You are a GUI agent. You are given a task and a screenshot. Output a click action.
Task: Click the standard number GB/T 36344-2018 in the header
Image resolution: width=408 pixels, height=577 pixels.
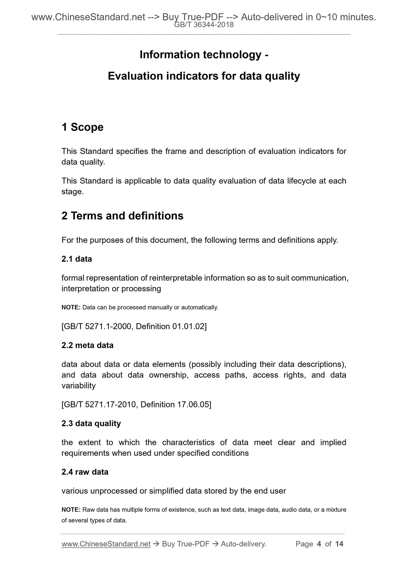[204, 25]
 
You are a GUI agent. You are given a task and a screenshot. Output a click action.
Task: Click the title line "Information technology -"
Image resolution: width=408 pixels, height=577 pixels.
[204, 54]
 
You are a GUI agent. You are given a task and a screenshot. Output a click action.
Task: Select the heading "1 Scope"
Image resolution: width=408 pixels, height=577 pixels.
[82, 127]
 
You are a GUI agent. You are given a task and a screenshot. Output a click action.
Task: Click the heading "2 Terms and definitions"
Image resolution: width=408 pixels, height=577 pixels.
[122, 216]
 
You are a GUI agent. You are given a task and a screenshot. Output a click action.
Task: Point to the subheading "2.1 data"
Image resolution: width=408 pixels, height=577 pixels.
[77, 259]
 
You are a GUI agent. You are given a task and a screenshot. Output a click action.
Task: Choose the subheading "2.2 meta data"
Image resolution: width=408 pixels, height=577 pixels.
[87, 345]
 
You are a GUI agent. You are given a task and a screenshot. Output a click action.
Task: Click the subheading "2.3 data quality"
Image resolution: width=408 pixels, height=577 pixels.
[91, 423]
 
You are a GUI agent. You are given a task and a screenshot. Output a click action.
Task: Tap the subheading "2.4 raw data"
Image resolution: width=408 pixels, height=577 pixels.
[85, 472]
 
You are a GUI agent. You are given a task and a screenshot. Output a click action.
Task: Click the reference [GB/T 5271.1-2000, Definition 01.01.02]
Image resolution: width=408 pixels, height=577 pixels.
[134, 327]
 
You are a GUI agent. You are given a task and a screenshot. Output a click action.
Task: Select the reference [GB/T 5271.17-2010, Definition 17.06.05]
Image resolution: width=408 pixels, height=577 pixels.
[136, 405]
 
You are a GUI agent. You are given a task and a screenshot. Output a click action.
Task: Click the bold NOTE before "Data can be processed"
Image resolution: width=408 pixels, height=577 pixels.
[71, 307]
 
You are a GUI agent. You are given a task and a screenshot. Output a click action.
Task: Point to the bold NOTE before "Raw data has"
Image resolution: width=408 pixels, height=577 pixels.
[71, 510]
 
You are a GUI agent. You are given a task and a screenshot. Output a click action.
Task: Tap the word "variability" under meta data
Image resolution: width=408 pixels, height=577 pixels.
[78, 386]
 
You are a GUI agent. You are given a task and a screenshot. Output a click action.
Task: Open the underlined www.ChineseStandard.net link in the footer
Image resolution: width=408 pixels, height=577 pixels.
[106, 544]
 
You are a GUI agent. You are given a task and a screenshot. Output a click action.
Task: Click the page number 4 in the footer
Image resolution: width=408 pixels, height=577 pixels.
[319, 544]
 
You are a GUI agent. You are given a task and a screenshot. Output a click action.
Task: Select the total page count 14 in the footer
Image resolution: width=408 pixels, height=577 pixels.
[339, 544]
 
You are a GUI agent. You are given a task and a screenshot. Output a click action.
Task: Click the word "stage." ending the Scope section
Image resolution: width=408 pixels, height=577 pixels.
[73, 192]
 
